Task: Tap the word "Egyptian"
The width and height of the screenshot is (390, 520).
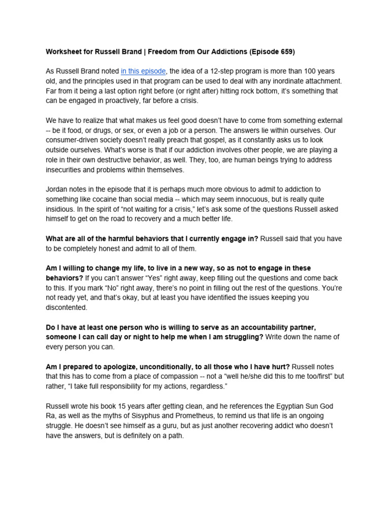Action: click(287, 406)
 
